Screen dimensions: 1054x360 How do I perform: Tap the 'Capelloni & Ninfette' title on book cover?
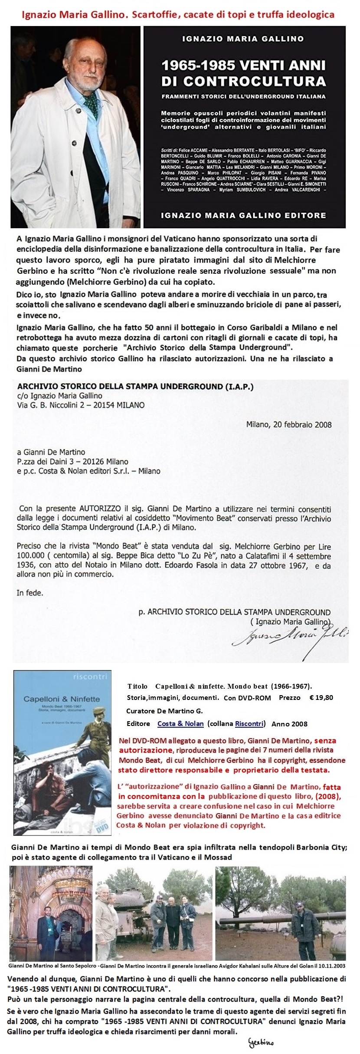[62, 699]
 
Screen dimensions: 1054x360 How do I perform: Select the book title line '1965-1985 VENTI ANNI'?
[243, 66]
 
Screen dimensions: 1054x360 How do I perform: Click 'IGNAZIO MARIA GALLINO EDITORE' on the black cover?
[243, 215]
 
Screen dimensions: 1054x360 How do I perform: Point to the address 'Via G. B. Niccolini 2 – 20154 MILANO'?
[81, 405]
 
